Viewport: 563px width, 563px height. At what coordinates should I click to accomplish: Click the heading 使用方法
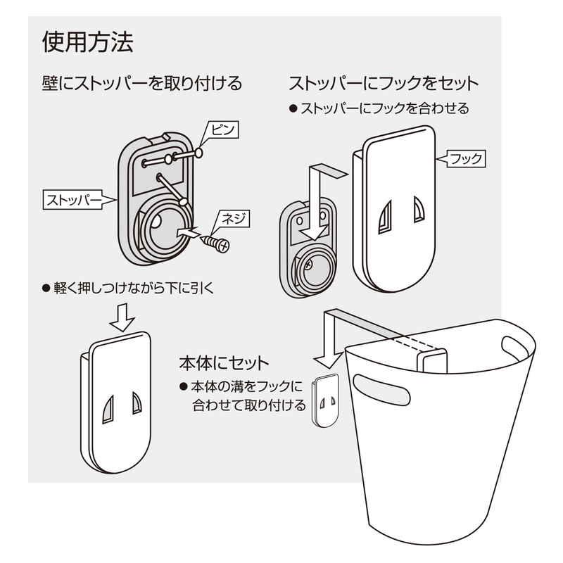tap(87, 42)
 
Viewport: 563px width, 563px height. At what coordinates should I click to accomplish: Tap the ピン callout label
tap(223, 129)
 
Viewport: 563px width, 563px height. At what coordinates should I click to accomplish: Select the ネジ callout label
tap(234, 219)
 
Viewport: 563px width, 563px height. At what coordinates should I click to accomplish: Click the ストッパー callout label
tap(73, 200)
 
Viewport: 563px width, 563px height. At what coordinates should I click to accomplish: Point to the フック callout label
tap(466, 159)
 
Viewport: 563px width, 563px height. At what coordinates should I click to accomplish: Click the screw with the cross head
tap(217, 244)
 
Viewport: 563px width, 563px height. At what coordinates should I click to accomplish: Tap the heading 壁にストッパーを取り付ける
tap(142, 83)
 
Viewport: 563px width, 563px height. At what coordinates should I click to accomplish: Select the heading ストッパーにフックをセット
tap(384, 84)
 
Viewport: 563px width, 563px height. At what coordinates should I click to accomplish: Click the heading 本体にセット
tap(224, 363)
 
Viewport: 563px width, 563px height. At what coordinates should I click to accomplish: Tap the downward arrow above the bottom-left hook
tap(122, 317)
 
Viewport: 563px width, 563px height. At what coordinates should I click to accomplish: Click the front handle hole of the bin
tap(381, 390)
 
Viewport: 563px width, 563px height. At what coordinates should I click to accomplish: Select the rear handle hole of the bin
tap(514, 348)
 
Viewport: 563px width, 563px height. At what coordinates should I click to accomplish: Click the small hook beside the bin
tap(326, 400)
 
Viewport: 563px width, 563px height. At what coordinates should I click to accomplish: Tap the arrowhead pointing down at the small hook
tap(328, 360)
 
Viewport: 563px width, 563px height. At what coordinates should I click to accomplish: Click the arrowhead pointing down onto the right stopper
tap(314, 232)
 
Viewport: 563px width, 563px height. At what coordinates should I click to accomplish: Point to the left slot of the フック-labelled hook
tap(386, 217)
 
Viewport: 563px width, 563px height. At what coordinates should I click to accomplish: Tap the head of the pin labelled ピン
tap(198, 153)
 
